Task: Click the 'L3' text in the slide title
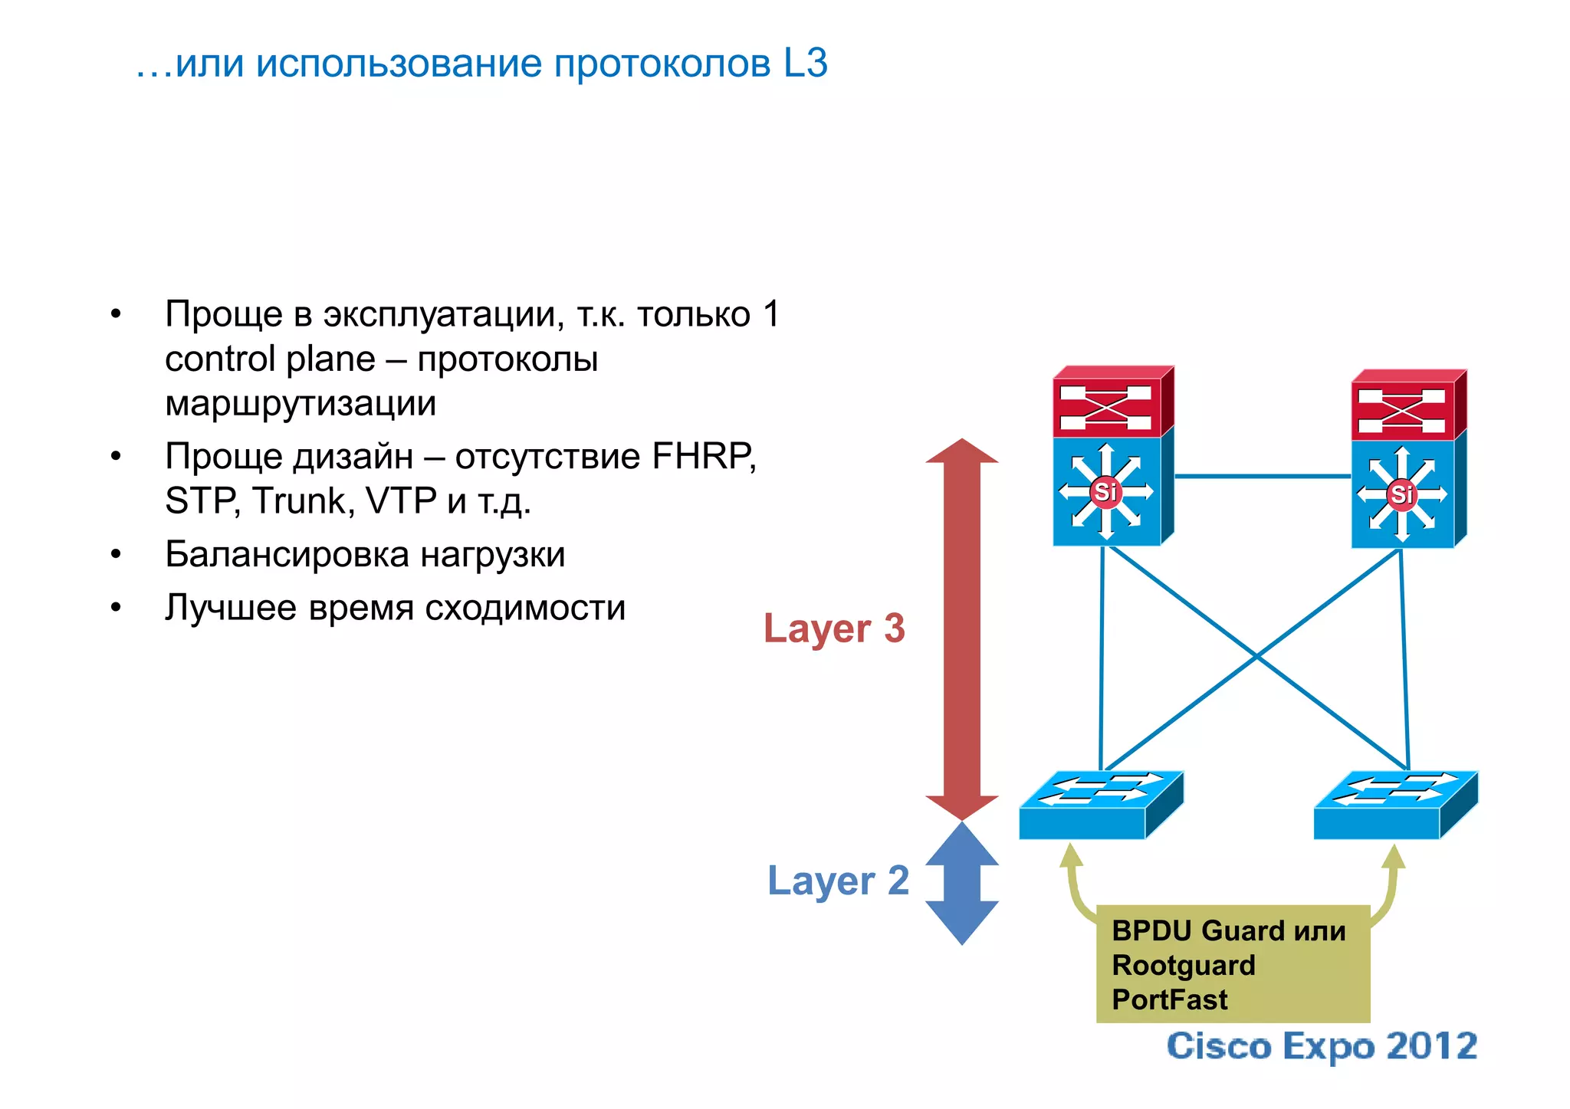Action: click(x=805, y=63)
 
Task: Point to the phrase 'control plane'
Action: click(x=270, y=359)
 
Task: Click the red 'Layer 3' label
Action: click(x=834, y=628)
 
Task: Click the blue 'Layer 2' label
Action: click(x=838, y=880)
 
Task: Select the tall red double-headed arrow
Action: click(x=961, y=628)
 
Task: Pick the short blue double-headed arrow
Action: click(x=961, y=883)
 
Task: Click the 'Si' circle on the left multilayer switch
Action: click(x=1105, y=491)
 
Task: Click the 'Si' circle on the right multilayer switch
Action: click(x=1401, y=494)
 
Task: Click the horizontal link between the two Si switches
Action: click(x=1262, y=476)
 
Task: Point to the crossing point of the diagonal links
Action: click(x=1256, y=656)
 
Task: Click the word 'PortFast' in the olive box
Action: click(x=1169, y=999)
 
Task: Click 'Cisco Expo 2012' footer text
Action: click(x=1322, y=1046)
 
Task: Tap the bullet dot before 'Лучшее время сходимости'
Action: click(x=116, y=608)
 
